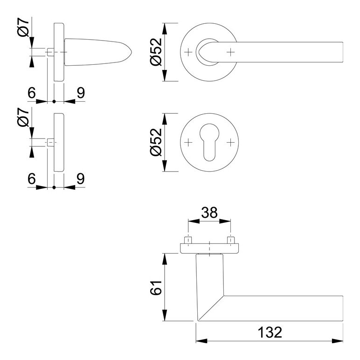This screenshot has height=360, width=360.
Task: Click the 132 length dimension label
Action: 270,332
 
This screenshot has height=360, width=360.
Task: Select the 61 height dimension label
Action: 156,287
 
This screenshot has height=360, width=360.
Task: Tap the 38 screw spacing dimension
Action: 209,213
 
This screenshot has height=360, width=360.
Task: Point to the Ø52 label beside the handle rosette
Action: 156,52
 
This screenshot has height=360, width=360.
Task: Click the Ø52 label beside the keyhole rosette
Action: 156,142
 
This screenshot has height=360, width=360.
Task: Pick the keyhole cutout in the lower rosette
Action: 209,142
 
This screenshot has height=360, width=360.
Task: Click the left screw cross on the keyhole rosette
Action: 188,142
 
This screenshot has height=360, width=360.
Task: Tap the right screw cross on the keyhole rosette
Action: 230,142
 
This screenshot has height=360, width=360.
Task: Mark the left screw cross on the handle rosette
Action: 188,52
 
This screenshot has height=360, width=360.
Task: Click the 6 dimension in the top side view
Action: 32,93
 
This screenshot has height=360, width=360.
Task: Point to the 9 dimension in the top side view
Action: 81,93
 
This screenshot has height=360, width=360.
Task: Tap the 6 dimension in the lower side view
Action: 32,179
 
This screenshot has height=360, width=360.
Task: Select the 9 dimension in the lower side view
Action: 81,179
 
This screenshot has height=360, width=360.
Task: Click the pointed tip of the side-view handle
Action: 132,52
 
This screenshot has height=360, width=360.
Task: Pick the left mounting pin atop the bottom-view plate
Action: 188,240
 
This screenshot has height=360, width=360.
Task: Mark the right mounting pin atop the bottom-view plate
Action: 230,240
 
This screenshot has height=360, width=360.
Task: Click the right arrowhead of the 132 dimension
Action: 337,341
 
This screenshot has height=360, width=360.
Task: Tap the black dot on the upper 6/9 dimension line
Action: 54,101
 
